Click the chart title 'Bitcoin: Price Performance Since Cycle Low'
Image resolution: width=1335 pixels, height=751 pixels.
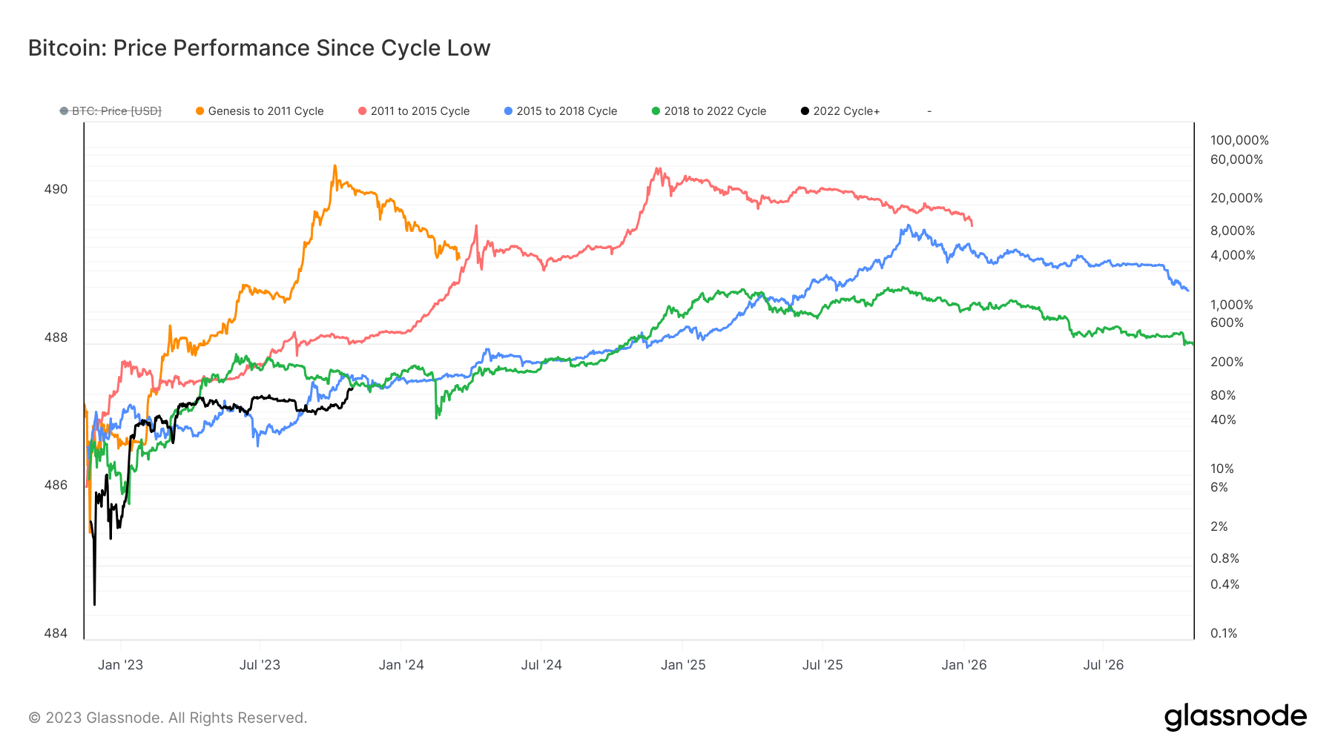259,48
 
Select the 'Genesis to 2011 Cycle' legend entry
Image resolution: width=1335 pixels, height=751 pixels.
260,111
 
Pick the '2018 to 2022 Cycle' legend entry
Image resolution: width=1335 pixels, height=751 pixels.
709,111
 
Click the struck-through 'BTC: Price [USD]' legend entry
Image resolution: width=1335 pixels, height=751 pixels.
111,111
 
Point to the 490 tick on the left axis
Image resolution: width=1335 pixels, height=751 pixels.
56,189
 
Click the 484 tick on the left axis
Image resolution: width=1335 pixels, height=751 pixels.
56,633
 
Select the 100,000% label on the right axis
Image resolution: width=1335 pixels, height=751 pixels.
1239,140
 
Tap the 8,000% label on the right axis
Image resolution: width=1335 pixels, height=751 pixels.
1233,231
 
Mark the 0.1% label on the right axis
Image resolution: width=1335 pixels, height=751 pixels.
1224,633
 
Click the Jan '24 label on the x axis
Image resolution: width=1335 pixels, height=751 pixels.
401,665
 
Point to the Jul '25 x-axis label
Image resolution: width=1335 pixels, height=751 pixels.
823,665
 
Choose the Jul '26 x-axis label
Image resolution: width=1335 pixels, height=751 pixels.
1103,665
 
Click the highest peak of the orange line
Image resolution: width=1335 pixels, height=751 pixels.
335,166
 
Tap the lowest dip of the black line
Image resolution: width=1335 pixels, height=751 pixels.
95,604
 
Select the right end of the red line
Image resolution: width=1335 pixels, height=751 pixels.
972,225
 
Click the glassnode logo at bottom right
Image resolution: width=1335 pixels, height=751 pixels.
1235,717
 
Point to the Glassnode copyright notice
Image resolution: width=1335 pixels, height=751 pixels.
168,718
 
